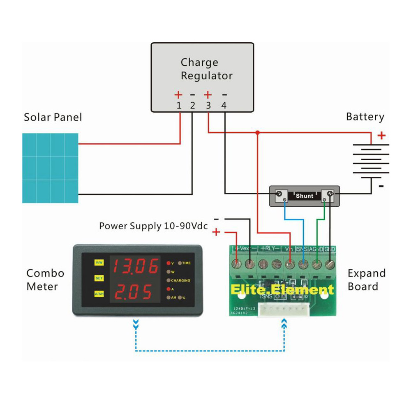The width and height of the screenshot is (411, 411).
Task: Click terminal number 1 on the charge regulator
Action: (179, 106)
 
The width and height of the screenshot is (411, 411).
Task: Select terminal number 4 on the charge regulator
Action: (224, 106)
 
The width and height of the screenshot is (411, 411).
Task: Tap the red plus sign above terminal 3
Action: (208, 94)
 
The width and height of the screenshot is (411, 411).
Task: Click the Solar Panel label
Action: (53, 117)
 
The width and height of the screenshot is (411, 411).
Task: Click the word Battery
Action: (365, 117)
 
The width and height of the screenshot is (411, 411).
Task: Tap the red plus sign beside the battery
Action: (382, 135)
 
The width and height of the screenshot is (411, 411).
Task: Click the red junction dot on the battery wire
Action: (257, 133)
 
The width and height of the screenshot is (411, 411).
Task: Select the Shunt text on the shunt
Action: (305, 196)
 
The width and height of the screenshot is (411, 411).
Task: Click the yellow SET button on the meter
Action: (99, 278)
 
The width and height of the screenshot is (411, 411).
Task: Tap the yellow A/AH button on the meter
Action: (99, 294)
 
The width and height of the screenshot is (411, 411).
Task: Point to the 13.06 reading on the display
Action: (136, 267)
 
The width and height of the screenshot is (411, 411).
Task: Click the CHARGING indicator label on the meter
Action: (180, 280)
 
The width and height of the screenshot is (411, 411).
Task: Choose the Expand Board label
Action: (366, 280)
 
